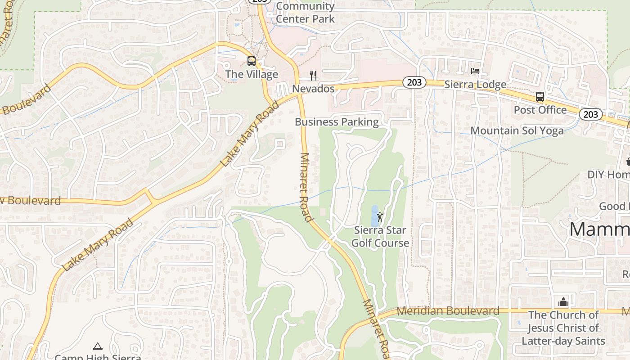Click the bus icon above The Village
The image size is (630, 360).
point(252,61)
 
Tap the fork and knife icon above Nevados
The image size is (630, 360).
point(314,75)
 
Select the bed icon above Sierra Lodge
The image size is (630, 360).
point(475,71)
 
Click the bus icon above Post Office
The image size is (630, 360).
point(540,96)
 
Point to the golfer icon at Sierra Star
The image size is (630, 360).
point(380,217)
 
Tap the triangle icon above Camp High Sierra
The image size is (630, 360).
point(98,346)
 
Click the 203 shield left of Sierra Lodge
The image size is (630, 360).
point(414,82)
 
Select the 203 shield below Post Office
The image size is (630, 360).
point(590,114)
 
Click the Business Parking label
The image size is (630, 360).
point(337,122)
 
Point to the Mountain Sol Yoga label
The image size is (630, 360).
point(517,131)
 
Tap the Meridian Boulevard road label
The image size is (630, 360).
point(448,311)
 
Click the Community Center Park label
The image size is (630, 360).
point(305,13)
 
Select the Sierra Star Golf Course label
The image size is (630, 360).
point(380,237)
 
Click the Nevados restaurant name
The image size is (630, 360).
point(313,89)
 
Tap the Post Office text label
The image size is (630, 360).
point(540,110)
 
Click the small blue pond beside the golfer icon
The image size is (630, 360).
point(374,216)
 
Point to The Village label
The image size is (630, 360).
point(252,74)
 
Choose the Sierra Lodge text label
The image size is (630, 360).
point(475,85)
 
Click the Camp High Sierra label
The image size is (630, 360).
point(98,357)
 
